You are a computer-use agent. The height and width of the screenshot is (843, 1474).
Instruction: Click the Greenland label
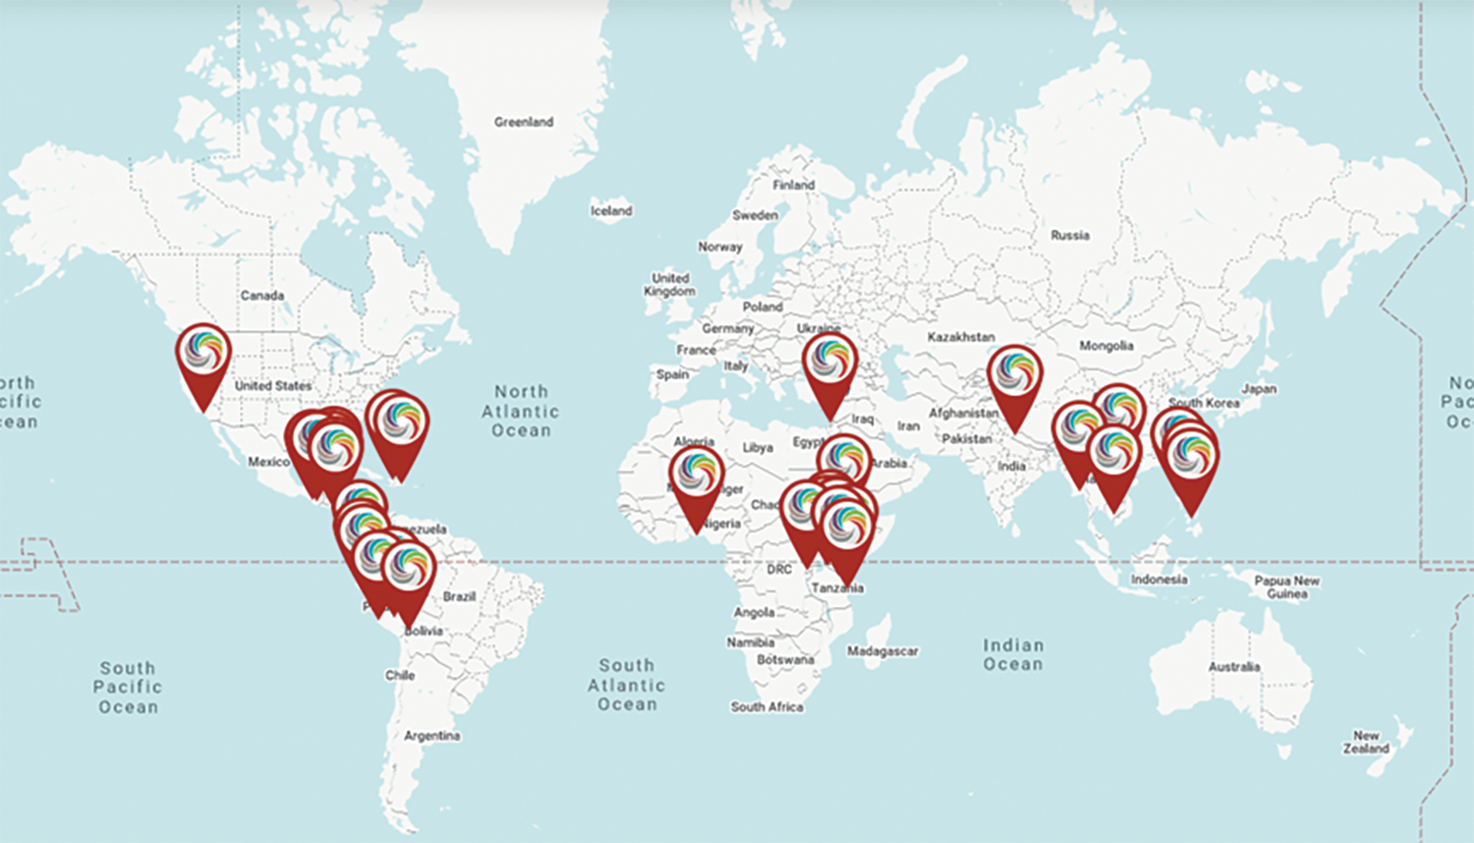(523, 122)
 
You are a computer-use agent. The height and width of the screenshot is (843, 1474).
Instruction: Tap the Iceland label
(611, 210)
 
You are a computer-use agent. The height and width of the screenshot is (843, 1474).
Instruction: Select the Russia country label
(1069, 235)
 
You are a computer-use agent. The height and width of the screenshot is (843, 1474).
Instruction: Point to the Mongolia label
(1105, 346)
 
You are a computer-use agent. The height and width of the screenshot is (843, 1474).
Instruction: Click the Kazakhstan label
(960, 337)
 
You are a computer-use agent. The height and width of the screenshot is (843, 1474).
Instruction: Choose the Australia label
(1233, 666)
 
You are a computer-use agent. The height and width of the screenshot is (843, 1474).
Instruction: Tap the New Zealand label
(1366, 742)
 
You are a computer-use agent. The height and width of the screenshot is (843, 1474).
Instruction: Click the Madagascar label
(881, 650)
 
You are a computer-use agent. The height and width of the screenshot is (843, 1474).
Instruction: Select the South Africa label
(766, 706)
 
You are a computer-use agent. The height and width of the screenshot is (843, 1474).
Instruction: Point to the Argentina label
(431, 735)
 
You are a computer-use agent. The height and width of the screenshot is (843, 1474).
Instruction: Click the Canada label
(261, 295)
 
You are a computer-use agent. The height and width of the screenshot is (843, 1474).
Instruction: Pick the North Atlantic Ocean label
(521, 411)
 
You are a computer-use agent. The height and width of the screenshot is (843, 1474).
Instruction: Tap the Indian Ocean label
(1013, 654)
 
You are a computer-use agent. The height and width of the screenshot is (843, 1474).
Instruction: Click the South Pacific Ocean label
(128, 687)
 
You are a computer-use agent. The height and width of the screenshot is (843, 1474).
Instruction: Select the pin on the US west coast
(203, 355)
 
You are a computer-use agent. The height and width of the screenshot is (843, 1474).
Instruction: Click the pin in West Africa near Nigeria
(697, 477)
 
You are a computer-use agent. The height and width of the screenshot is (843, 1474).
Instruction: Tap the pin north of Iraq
(830, 365)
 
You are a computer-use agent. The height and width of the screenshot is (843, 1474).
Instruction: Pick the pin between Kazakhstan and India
(1014, 376)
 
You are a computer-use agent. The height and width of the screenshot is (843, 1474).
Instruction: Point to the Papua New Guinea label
(1286, 587)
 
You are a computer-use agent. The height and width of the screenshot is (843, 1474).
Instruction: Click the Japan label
(1258, 388)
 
